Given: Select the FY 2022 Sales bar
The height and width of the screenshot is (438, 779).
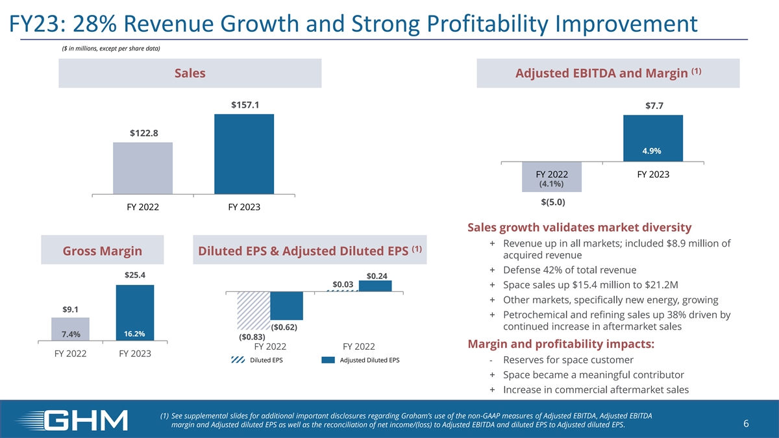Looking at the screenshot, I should click(x=143, y=168).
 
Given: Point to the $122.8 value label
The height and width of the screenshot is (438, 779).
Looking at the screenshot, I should click(x=143, y=133).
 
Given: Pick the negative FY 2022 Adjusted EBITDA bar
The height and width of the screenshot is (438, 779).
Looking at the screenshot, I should click(x=552, y=176).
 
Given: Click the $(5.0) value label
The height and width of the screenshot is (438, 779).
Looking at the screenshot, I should click(x=552, y=202).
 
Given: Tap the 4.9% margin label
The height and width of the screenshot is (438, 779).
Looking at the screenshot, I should click(x=652, y=151).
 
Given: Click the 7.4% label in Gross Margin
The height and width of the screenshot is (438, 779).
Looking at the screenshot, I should click(x=71, y=335).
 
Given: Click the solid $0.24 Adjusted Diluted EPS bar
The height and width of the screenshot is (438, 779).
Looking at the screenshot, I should click(x=375, y=286).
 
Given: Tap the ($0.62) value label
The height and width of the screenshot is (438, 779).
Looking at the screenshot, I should click(x=284, y=328).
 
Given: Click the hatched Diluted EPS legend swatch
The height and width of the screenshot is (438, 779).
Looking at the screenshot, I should click(x=238, y=361).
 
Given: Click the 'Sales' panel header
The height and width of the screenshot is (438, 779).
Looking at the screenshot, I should click(x=190, y=73).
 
